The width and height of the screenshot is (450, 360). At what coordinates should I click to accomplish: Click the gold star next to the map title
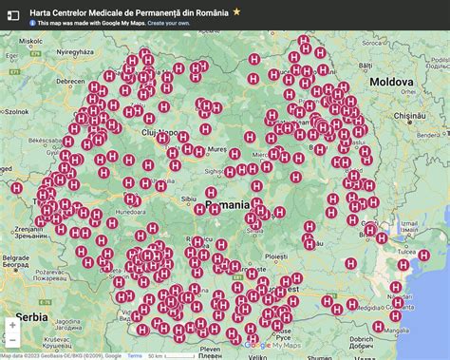click(x=236, y=12)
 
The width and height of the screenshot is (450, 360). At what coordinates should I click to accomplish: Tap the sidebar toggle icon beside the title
click(x=13, y=15)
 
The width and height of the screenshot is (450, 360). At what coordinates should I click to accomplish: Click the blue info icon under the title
click(x=34, y=23)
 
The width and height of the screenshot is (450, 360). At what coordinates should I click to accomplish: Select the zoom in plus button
click(x=12, y=325)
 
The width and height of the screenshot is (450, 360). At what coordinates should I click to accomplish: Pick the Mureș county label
click(x=217, y=149)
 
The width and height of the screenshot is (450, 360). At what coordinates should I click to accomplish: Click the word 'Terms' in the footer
click(x=135, y=356)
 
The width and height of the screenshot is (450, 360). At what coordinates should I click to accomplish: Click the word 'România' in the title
click(x=212, y=12)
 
